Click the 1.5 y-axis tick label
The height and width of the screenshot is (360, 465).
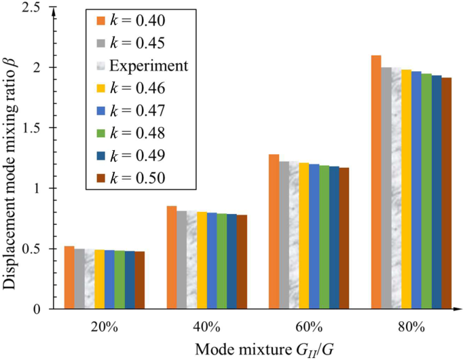[34, 128]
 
